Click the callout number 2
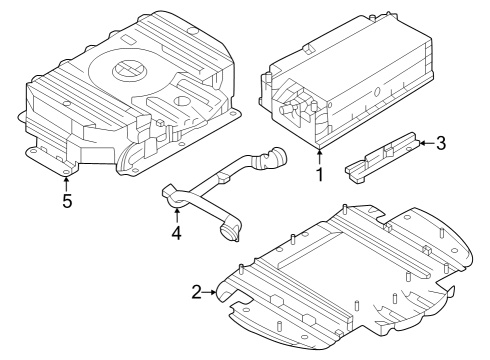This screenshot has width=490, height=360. pos(197,292)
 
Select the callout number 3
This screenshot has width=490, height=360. pos(441,143)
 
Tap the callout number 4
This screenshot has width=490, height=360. pos(176,233)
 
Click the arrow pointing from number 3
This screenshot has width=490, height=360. pos(424,144)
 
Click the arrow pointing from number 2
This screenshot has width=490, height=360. pos(212,291)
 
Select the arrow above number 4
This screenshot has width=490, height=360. pos(176,213)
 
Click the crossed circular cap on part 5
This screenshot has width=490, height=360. pos(128,70)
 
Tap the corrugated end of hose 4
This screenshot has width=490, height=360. pos(273,159)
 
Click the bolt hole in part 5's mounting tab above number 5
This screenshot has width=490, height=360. pos(66,169)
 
